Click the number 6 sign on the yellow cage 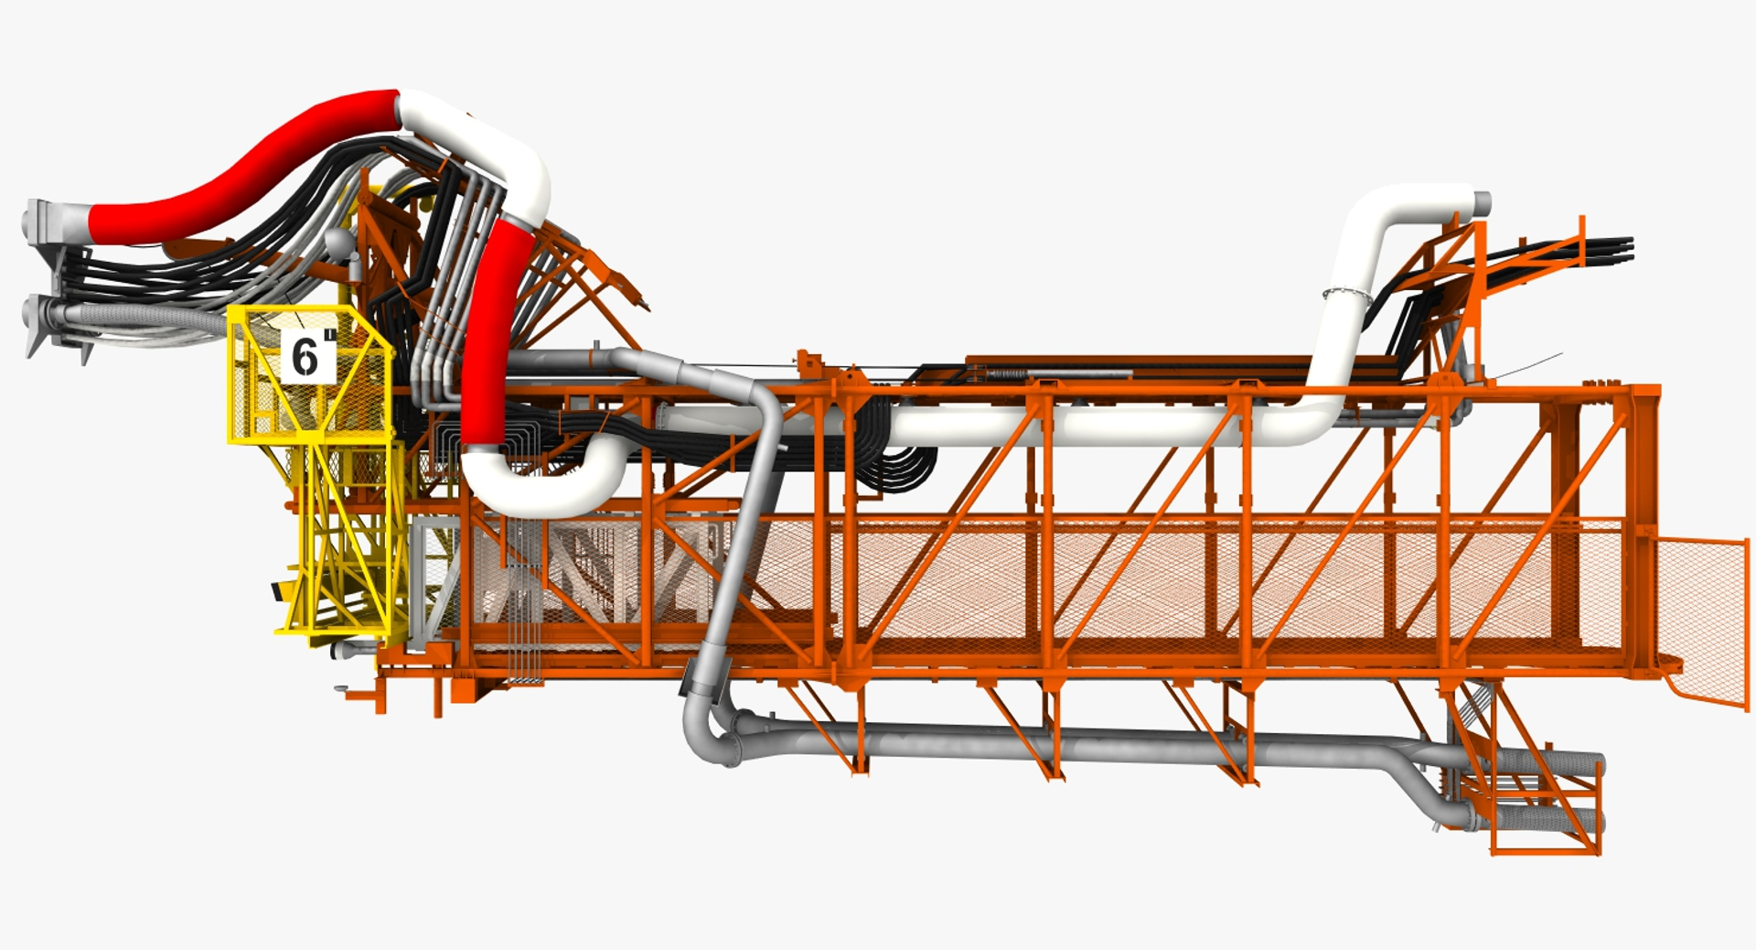click(x=306, y=356)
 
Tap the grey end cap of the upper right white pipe click(x=1482, y=203)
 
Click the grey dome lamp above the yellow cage click(x=337, y=241)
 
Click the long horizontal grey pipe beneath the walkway click(x=1052, y=743)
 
